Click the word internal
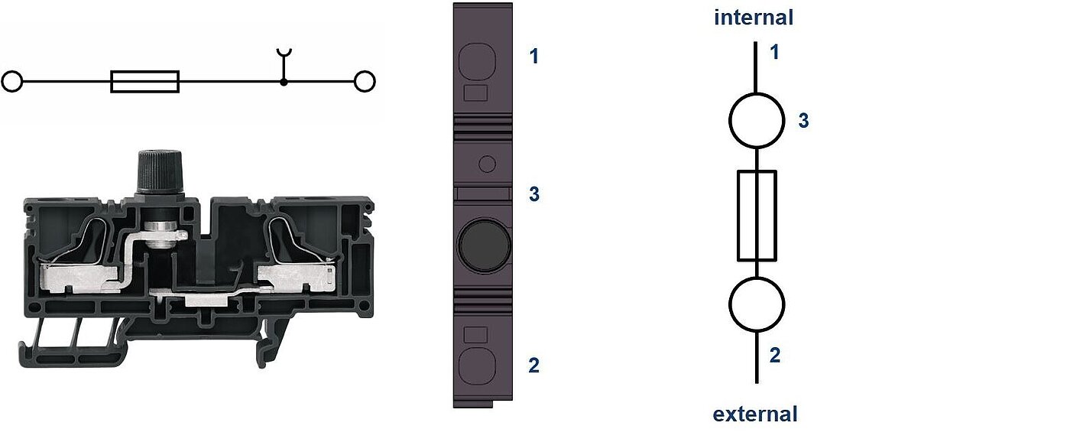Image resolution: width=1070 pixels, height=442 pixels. pos(754,17)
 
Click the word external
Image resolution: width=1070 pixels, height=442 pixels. pos(755,414)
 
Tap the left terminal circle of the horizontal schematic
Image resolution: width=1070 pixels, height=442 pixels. pos(12,81)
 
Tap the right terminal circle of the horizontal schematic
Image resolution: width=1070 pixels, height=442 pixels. pos(365,81)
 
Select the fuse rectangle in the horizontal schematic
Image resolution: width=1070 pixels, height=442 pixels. pos(144,81)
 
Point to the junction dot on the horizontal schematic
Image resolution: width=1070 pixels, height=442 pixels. pos(284,81)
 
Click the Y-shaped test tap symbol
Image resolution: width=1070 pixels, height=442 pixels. pos(284,55)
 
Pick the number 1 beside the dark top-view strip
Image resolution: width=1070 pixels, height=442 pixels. pos(534,56)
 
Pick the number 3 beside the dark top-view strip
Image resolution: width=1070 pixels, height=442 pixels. pos(534,195)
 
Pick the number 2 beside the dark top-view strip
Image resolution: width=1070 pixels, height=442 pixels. pos(534,366)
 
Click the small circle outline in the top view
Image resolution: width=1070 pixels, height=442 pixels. pos(487,163)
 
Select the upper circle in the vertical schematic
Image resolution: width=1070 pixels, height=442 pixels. pos(757,121)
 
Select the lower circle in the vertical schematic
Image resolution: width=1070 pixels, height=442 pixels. pos(757,304)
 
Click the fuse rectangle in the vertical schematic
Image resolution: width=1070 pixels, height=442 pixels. pos(757,216)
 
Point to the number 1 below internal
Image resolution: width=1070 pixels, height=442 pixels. pos(775,53)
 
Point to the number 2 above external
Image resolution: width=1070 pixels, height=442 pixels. pos(775,356)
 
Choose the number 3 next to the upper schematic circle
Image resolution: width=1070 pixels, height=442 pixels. pos(803,121)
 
